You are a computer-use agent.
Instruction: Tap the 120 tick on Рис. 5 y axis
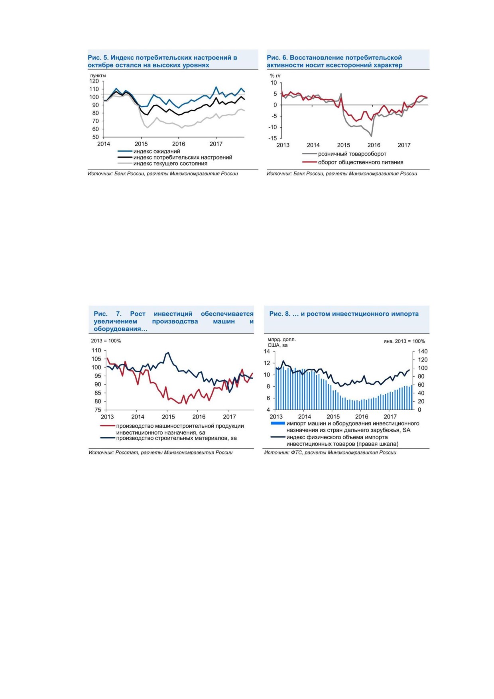click(x=94, y=81)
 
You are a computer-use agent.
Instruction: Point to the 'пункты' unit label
click(x=98, y=75)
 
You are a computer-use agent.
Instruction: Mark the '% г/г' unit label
click(x=276, y=75)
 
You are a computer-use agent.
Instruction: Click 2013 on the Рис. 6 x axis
click(x=283, y=145)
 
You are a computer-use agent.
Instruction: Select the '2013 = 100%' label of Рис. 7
click(x=106, y=341)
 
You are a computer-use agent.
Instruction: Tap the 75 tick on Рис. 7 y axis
click(x=98, y=410)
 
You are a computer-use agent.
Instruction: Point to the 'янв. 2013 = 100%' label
click(x=404, y=341)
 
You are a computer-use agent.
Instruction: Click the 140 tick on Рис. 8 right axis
click(x=423, y=351)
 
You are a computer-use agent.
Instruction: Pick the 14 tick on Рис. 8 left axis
click(x=267, y=351)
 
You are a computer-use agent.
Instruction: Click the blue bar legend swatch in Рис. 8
click(x=278, y=423)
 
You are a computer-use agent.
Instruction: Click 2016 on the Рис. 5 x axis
click(x=179, y=144)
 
